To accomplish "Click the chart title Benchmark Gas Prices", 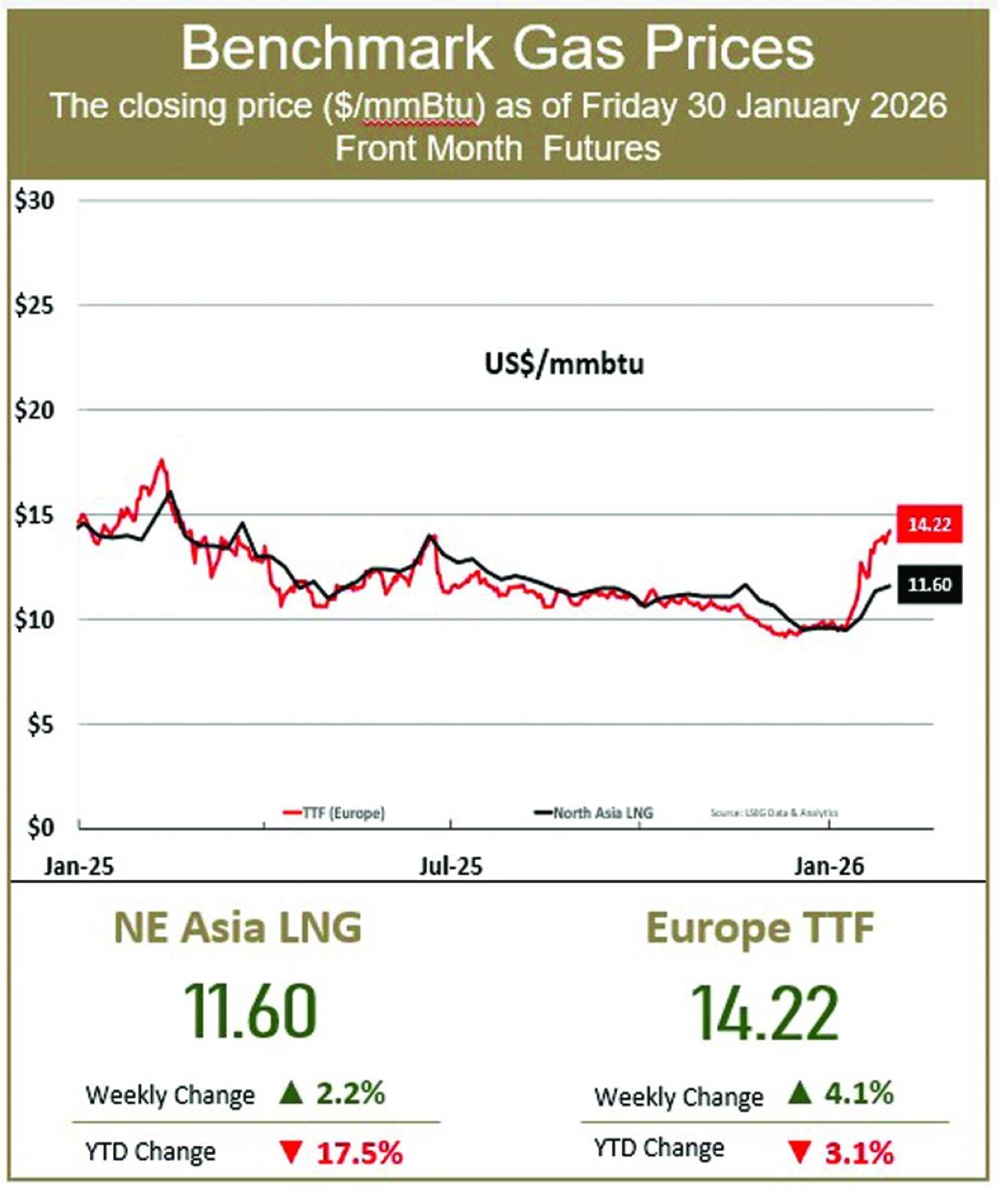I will pos(497,48).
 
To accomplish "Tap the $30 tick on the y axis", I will pos(34,200).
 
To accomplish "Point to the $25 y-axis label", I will pos(34,305).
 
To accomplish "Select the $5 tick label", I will pos(40,724).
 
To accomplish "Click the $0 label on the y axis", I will pos(40,827).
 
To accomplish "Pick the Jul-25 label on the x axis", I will pos(451,867).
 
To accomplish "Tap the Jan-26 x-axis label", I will pos(829,867).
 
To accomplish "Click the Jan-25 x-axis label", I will pos(79,867).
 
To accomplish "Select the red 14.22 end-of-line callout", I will pos(929,524).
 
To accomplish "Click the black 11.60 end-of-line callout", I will pos(929,585).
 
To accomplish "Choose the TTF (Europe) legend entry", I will pos(334,812).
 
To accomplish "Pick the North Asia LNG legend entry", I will pos(594,812).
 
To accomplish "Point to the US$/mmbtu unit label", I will pos(564,363).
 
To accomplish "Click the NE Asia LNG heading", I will pos(238,928).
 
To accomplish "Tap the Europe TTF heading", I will pos(760,928).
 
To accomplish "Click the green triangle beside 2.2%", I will pos(291,1092).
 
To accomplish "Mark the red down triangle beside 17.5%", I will pos(291,1153).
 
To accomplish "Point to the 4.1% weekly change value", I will pos(859,1093).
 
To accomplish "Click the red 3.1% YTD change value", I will pos(859,1153).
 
